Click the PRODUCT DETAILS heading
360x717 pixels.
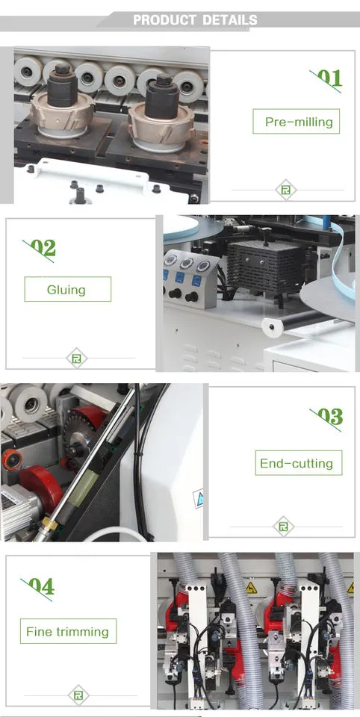click(195, 20)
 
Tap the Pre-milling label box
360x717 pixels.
click(297, 121)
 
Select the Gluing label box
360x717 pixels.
click(68, 289)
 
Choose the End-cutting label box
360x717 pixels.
click(298, 463)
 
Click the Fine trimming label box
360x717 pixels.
click(68, 631)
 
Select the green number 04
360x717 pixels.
click(42, 586)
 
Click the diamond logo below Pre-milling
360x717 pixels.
click(286, 190)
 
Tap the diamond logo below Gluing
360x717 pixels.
click(77, 358)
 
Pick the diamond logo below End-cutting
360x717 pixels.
click(284, 527)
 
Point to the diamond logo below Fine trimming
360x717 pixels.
click(78, 695)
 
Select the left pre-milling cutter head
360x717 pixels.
click(62, 111)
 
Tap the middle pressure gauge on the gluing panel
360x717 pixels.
click(187, 264)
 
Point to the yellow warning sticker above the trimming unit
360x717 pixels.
click(251, 588)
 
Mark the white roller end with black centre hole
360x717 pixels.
click(272, 328)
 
